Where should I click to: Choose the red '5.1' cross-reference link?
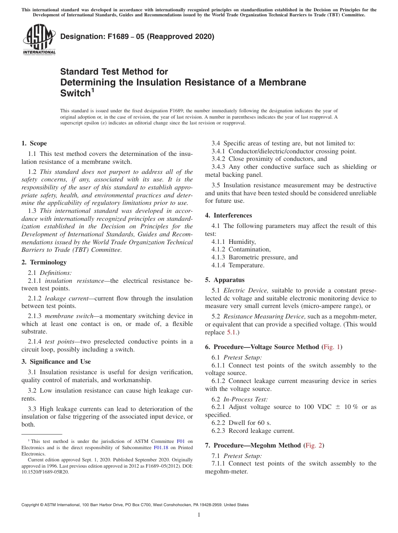[232, 332]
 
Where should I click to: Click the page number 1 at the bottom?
[199, 515]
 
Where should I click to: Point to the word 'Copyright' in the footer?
[32, 505]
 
